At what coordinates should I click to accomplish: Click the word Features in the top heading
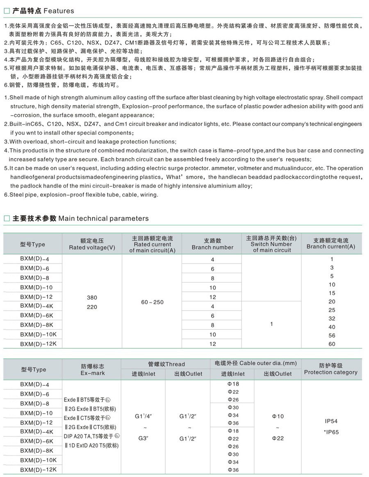(x=59, y=11)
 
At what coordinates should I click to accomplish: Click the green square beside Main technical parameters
(x=7, y=218)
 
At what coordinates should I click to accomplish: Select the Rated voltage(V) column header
(x=92, y=244)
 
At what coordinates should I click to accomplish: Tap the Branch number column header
(x=212, y=244)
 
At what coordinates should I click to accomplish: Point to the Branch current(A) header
(x=331, y=244)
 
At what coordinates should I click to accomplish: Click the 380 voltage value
(x=92, y=298)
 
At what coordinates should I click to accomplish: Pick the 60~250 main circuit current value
(x=152, y=302)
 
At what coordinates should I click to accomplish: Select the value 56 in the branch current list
(x=332, y=335)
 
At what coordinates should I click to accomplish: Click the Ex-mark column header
(x=93, y=370)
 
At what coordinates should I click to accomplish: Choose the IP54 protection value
(x=330, y=421)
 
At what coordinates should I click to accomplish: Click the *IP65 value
(x=331, y=432)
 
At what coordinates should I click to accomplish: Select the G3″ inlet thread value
(x=143, y=438)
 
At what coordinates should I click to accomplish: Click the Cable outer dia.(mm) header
(x=255, y=363)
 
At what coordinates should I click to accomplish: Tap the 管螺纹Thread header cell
(x=166, y=364)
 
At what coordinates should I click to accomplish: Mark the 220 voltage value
(x=92, y=307)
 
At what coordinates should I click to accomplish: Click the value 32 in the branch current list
(x=332, y=318)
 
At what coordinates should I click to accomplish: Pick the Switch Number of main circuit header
(x=271, y=244)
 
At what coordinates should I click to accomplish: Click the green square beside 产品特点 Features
(x=7, y=11)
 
